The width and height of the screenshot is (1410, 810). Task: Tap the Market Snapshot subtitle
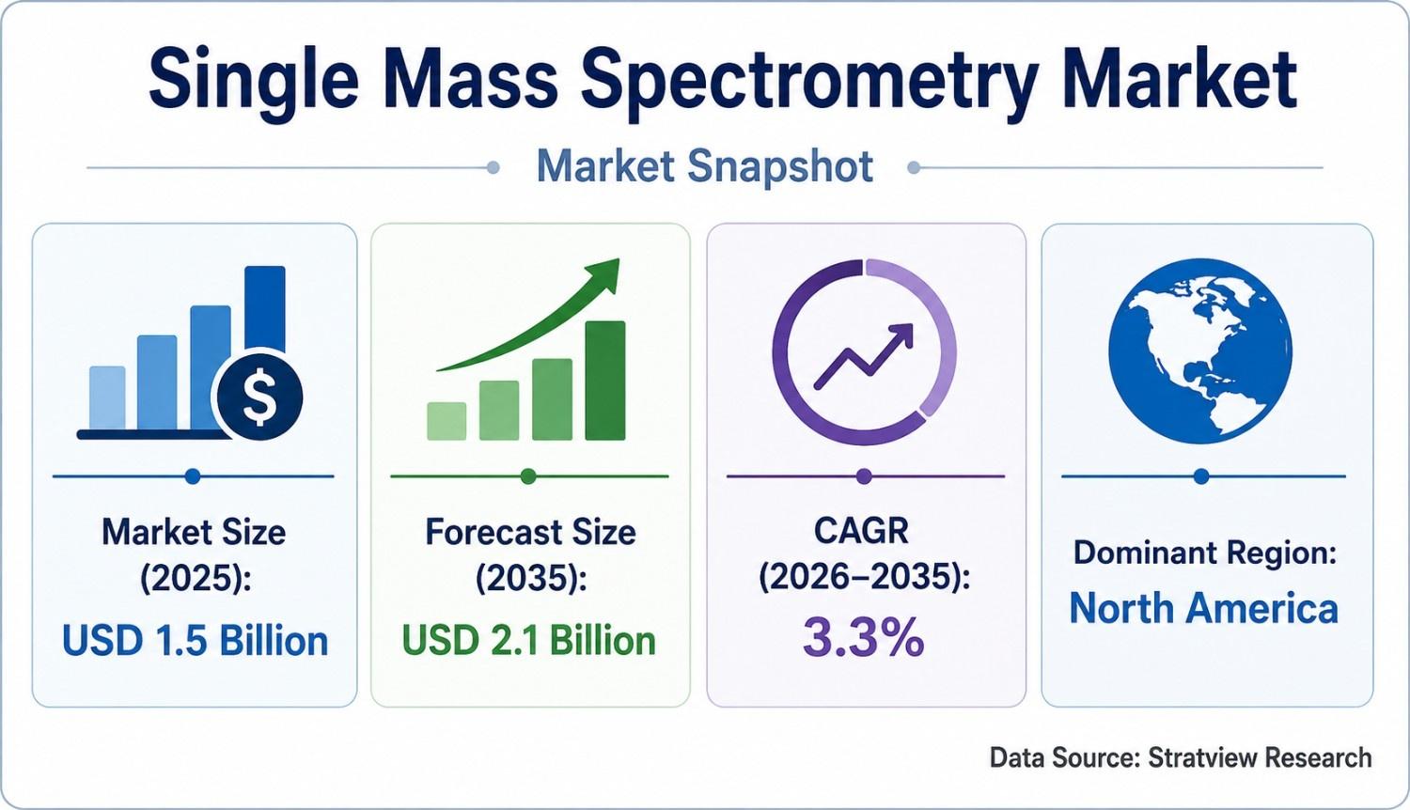tap(704, 166)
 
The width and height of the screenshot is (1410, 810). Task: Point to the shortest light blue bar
tap(108, 398)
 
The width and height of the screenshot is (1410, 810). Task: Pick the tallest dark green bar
tap(605, 381)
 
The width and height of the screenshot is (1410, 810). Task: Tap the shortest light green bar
tap(446, 421)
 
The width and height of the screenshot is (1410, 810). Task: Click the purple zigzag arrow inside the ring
tap(864, 355)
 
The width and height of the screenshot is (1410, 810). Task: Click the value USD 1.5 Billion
tap(196, 642)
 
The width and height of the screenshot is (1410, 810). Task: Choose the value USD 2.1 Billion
tap(528, 641)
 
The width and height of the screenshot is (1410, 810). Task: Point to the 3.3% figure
tap(864, 637)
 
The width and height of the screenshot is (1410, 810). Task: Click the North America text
tap(1203, 609)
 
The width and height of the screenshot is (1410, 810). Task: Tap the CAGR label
tap(862, 531)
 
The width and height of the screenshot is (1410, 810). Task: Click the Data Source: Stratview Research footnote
tap(1181, 757)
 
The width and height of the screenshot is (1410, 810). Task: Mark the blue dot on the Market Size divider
tap(194, 476)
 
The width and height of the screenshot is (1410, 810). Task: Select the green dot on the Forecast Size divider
tap(528, 476)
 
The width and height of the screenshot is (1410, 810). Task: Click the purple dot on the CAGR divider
tap(864, 476)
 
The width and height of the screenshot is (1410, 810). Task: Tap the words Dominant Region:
tap(1205, 553)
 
